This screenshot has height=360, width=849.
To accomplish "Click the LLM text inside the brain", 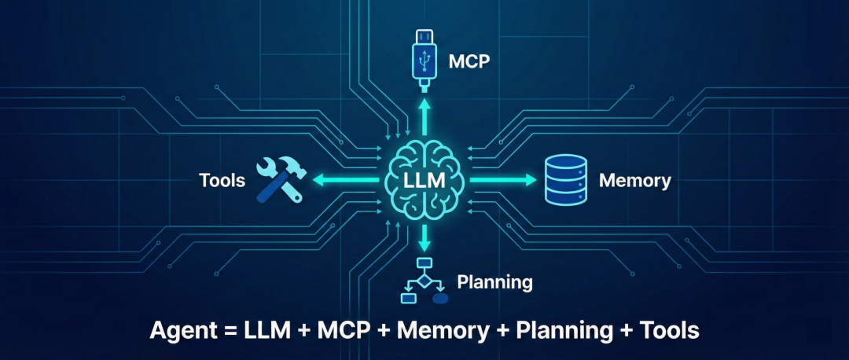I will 424,181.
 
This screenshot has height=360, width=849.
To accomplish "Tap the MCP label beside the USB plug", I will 469,61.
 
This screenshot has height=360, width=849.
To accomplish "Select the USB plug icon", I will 424,59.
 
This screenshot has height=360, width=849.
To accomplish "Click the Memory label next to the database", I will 634,181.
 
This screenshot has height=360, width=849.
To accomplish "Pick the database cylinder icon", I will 566,180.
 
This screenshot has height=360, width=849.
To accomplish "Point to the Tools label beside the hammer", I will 222,181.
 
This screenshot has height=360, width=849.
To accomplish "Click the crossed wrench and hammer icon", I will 278,180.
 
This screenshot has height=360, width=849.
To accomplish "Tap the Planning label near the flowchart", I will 494,281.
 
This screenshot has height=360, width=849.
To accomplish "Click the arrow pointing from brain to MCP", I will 424,118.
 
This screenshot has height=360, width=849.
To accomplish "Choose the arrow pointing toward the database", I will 503,181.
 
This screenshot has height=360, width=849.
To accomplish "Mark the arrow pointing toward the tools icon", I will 346,181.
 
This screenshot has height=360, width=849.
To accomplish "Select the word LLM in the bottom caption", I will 268,331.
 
